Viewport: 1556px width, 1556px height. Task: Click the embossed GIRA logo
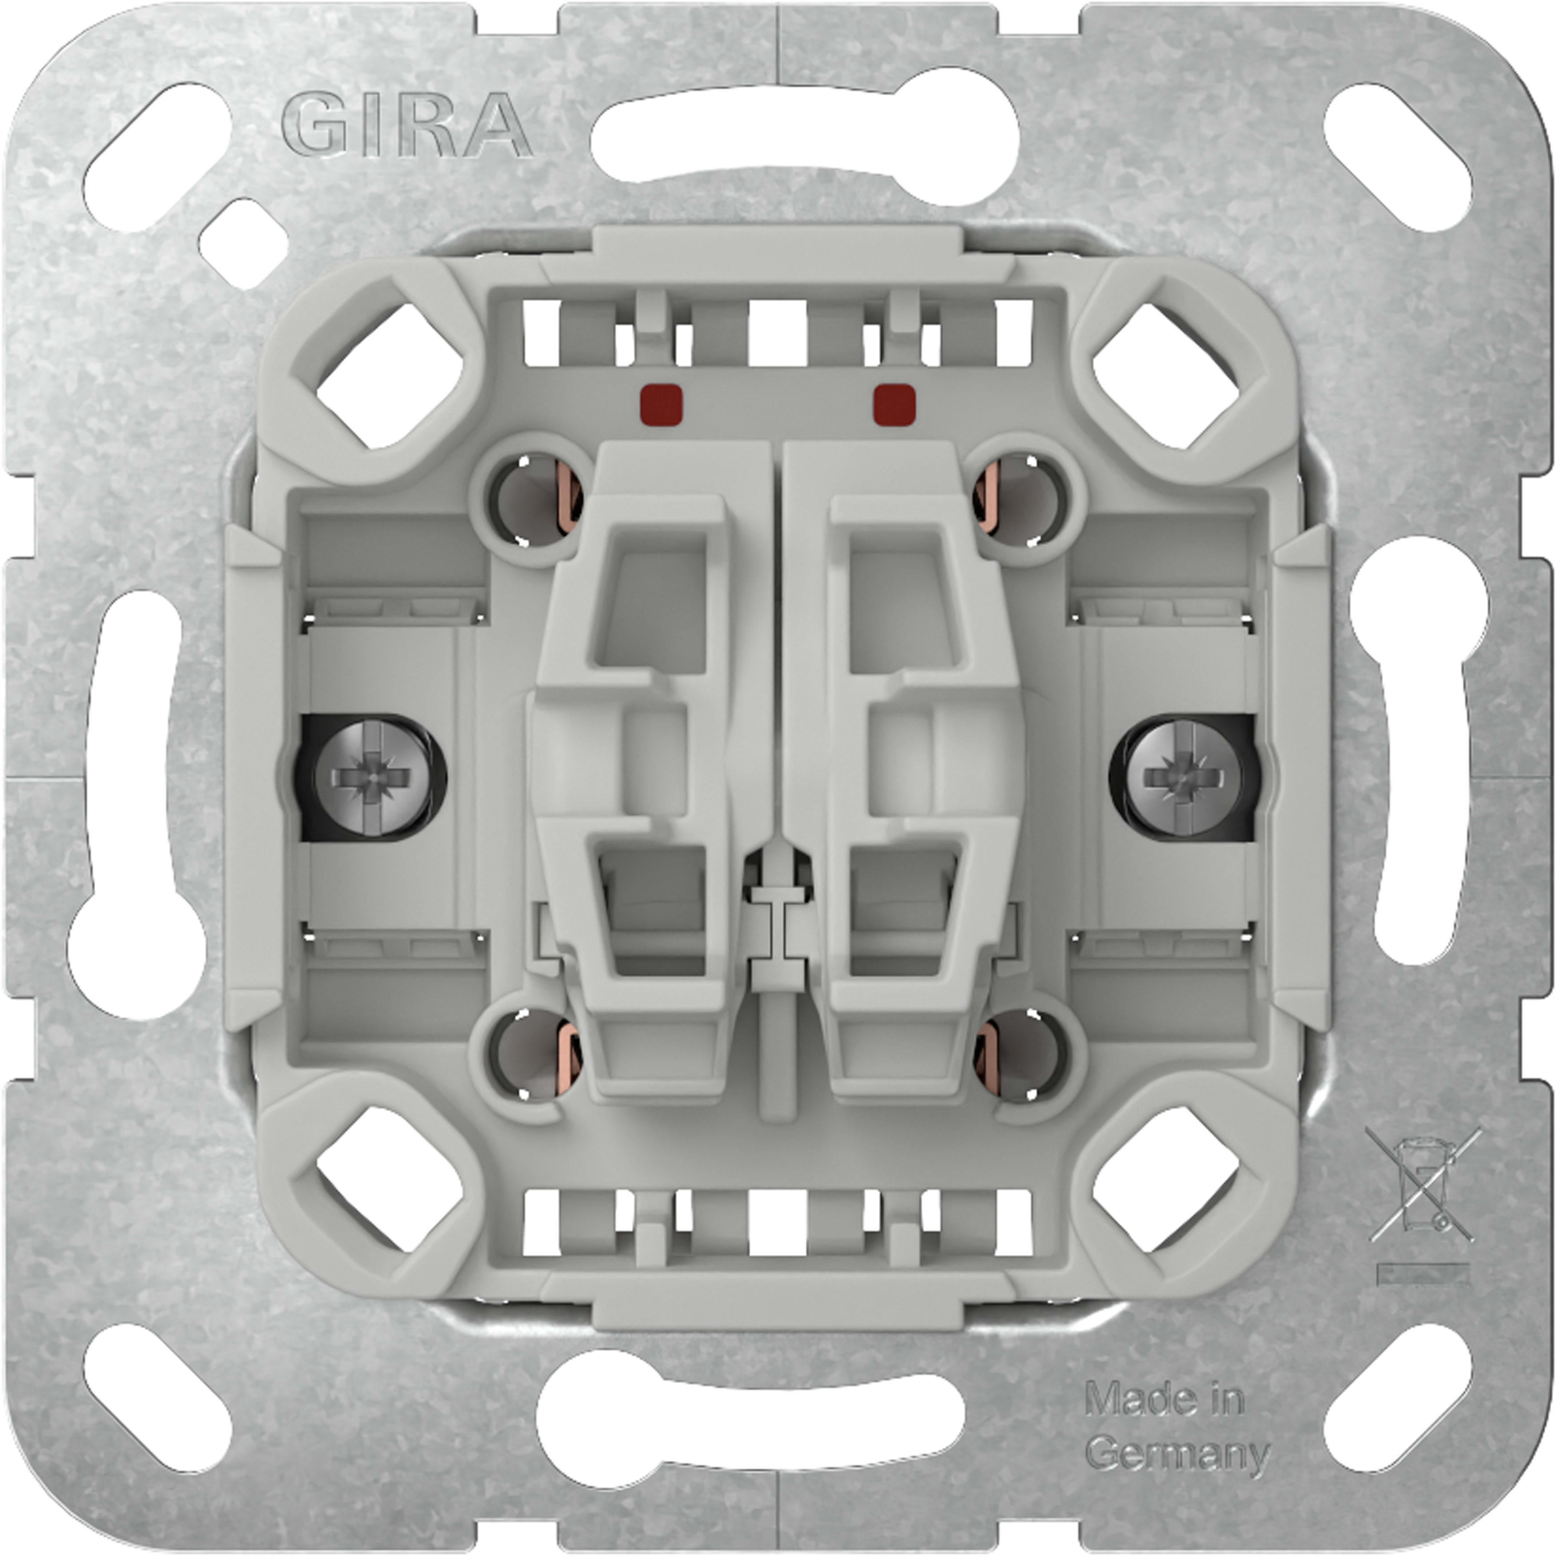point(407,125)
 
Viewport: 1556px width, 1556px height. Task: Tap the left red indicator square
point(661,404)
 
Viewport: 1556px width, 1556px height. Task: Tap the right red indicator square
point(894,404)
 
